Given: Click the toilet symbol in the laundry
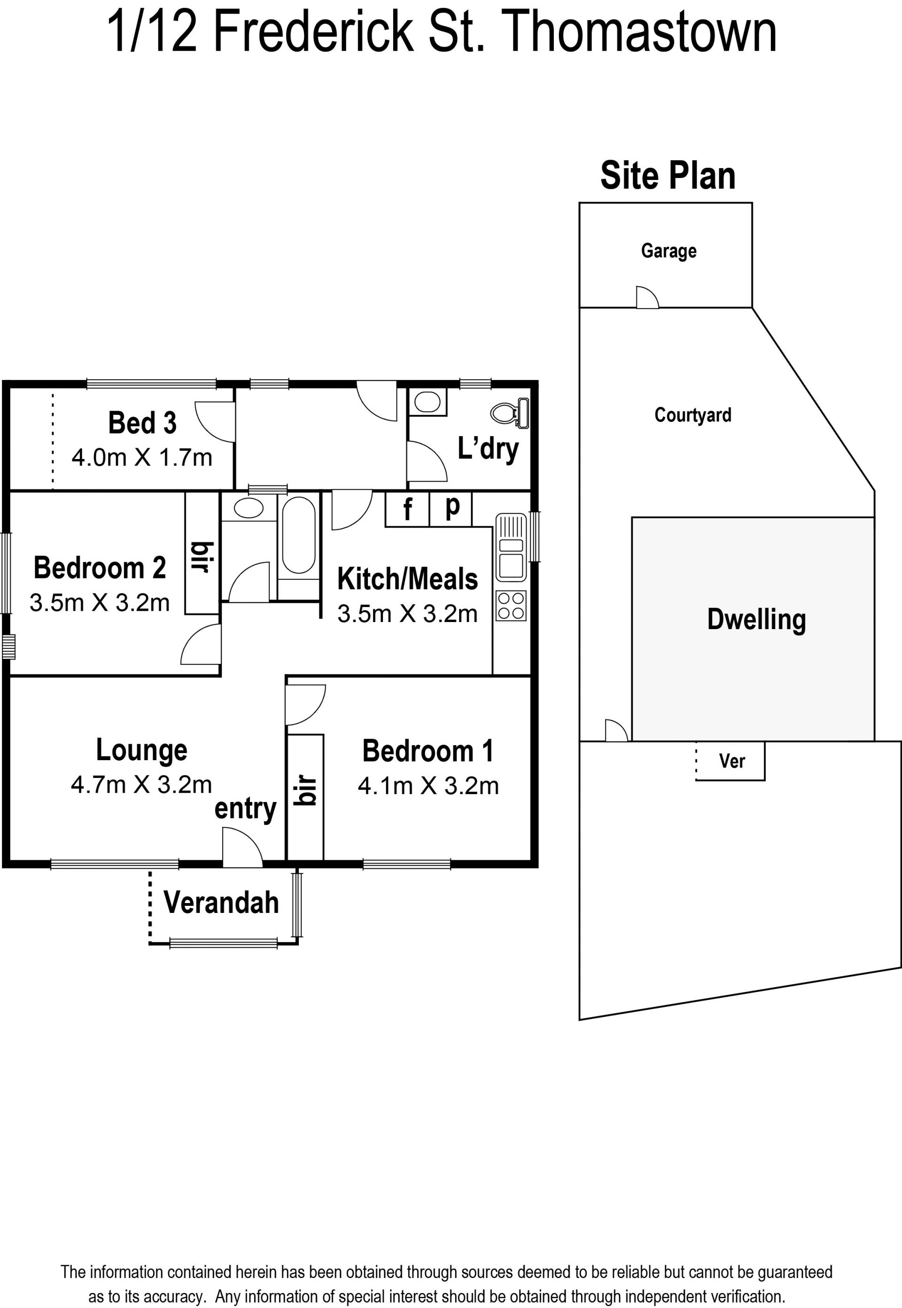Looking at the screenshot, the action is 510,413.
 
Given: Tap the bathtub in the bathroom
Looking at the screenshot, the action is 298,535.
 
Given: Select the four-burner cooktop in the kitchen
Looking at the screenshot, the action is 511,606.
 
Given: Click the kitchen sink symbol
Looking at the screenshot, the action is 511,547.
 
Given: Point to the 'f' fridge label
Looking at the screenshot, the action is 407,509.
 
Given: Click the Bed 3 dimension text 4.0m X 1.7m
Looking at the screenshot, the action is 142,457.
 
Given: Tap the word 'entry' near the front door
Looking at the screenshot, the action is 245,809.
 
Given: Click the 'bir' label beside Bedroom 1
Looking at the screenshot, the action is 306,790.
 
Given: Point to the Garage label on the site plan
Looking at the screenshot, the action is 669,251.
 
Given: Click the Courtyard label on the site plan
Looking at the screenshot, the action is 693,415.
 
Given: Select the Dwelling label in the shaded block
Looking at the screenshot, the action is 756,620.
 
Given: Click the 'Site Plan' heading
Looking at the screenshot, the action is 668,175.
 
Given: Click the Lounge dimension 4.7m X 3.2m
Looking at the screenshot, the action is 141,785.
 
